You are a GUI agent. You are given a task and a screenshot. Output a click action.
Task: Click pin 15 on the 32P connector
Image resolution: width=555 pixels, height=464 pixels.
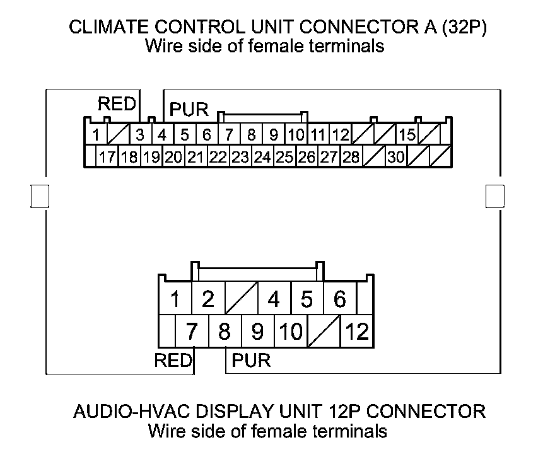[x=408, y=134]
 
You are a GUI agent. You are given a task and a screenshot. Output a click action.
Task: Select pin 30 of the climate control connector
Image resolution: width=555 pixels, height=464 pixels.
[x=396, y=157]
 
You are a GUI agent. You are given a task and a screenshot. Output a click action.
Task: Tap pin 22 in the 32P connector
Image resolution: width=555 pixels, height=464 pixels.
[x=218, y=157]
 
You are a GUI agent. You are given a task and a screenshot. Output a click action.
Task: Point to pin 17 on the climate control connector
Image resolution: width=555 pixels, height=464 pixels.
[x=107, y=157]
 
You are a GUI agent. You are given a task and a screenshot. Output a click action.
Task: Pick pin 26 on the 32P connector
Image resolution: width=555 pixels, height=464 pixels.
[x=307, y=157]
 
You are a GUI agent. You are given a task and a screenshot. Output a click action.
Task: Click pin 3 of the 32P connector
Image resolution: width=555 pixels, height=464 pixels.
[x=140, y=134]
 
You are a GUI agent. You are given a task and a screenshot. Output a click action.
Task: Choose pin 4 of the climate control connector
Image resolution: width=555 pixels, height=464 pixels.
[x=162, y=134]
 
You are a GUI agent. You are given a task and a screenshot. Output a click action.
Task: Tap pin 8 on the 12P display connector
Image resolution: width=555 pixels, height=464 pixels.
[x=224, y=331]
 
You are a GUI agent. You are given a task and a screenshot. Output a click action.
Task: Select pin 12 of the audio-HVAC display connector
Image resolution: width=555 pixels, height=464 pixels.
[x=356, y=331]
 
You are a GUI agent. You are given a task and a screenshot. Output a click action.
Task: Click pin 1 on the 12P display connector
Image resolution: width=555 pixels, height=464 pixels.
[x=175, y=299]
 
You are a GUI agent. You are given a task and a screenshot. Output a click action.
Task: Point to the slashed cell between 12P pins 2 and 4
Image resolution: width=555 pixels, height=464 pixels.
[x=240, y=299]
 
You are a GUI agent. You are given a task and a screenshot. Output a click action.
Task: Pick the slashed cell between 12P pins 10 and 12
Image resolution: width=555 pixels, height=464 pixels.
[x=324, y=331]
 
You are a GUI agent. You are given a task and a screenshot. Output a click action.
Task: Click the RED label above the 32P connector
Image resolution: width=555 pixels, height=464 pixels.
[x=117, y=104]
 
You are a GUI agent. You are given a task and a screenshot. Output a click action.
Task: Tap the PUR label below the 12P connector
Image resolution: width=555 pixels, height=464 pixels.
[x=251, y=361]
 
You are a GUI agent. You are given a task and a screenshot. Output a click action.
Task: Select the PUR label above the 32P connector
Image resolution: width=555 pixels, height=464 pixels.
[x=189, y=110]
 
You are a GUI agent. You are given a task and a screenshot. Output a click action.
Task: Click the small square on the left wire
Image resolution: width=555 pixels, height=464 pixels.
[x=40, y=195]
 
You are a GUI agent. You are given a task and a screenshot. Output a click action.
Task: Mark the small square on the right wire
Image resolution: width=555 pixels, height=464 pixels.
[x=495, y=195]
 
